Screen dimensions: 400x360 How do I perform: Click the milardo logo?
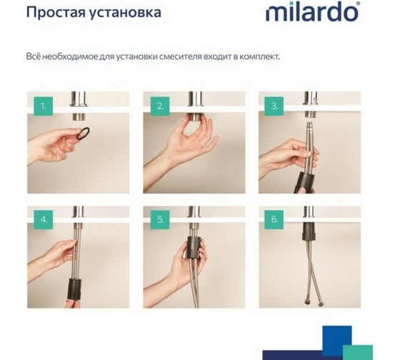tap(313, 11)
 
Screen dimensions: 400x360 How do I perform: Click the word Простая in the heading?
tap(56, 13)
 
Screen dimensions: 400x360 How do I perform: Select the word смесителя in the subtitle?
tap(180, 56)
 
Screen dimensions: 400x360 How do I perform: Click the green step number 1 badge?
tap(44, 106)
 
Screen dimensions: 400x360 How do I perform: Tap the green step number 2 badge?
tap(160, 106)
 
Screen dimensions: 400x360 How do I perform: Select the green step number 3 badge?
tap(274, 106)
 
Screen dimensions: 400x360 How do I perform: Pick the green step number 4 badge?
tap(44, 220)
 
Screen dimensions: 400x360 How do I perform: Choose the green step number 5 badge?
tap(160, 220)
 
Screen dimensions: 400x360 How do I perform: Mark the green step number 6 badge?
tap(274, 220)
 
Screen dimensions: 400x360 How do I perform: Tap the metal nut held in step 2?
tap(196, 117)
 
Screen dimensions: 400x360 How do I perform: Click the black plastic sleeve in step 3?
tap(304, 182)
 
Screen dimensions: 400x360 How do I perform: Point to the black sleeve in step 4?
tap(75, 289)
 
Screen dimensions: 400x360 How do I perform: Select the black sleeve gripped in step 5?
tap(195, 247)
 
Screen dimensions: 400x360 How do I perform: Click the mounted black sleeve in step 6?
tap(309, 231)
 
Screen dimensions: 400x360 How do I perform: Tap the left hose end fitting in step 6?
tap(306, 304)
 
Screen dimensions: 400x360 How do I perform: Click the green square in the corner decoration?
tap(357, 352)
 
